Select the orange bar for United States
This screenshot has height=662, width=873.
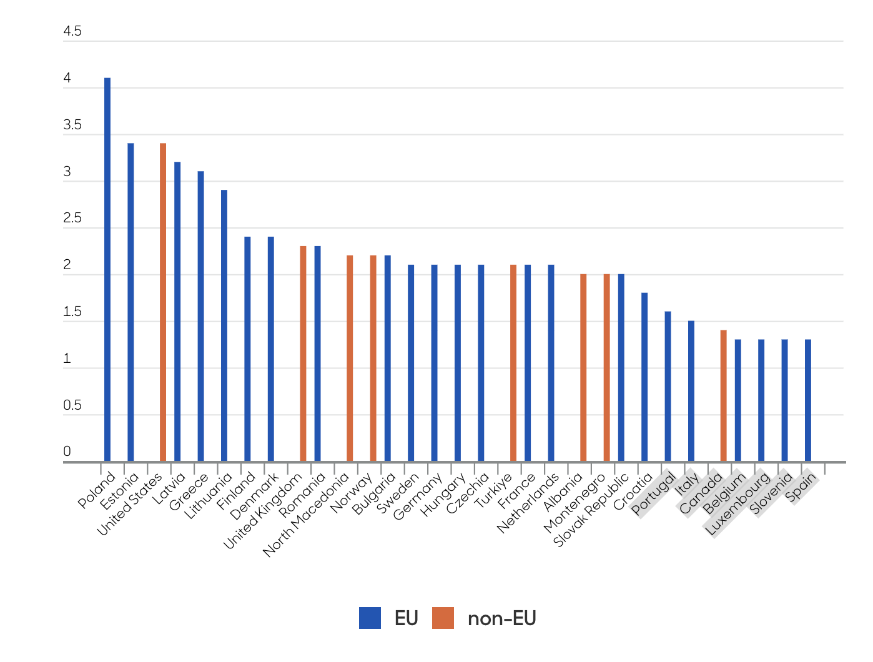[163, 302]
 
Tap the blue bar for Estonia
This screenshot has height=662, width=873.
[131, 302]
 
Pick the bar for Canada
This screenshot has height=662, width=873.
[723, 396]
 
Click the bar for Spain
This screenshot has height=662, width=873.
[808, 400]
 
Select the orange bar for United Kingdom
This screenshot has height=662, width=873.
[303, 353]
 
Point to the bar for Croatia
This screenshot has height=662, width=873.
[644, 377]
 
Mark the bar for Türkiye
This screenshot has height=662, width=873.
[513, 363]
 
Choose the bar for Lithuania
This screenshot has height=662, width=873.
[224, 325]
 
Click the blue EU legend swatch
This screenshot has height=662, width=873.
[370, 618]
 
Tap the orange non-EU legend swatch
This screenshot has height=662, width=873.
[443, 618]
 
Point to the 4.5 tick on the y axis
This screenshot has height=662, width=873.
[72, 31]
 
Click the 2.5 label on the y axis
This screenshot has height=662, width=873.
[72, 218]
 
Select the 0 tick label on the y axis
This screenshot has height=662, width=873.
[67, 451]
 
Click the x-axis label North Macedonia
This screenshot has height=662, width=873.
[307, 515]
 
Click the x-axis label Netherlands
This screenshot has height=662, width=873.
[528, 503]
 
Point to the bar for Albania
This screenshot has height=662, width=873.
[583, 368]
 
